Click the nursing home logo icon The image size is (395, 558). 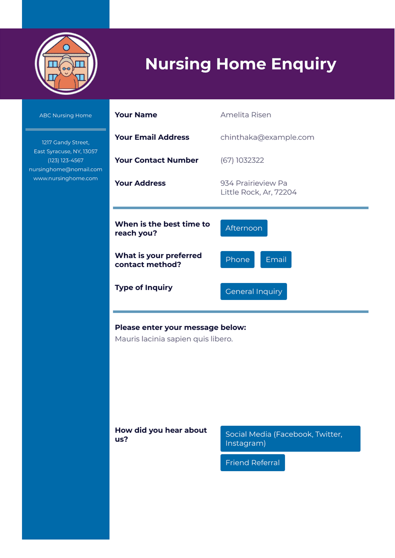tap(66, 63)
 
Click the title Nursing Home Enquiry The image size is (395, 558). tap(240, 64)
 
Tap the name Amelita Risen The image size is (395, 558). tap(245, 115)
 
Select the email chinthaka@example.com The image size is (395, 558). tap(267, 137)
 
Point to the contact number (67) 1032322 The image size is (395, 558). tap(242, 160)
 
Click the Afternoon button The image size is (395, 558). tap(243, 228)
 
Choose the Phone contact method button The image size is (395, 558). tap(237, 260)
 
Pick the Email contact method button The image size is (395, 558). tap(275, 260)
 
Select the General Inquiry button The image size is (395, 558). tap(253, 291)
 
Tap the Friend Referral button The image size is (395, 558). tap(252, 463)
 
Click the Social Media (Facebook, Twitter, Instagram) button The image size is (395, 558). tap(290, 439)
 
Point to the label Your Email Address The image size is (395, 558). tap(152, 137)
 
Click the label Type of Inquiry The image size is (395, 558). tap(143, 287)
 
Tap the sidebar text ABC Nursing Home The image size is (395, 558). tap(65, 115)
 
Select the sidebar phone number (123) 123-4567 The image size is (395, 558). tap(65, 160)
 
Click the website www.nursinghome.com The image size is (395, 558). tap(65, 178)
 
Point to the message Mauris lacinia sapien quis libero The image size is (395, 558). tap(173, 339)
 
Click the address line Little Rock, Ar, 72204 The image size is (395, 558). tap(258, 192)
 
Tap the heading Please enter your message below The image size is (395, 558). tap(180, 327)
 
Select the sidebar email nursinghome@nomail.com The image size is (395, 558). tap(65, 169)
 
